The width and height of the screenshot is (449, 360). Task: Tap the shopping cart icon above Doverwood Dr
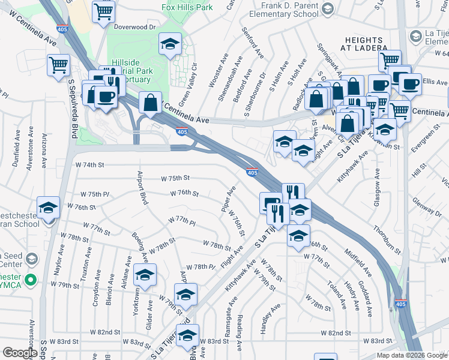[104, 10]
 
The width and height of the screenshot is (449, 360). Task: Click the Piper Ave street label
[229, 198]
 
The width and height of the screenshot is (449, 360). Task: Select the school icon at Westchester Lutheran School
[49, 208]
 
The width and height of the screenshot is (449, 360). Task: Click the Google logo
[20, 353]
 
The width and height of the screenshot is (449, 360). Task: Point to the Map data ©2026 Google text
[412, 355]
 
